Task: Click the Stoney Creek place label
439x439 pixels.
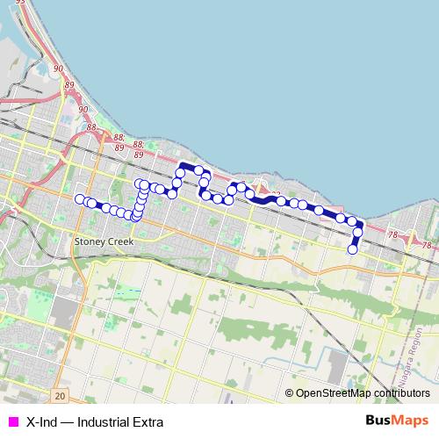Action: pyautogui.click(x=104, y=241)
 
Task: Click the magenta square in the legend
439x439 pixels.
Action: pyautogui.click(x=12, y=421)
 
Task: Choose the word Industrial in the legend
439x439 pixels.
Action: pyautogui.click(x=103, y=421)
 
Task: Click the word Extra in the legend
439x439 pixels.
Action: pyautogui.click(x=147, y=421)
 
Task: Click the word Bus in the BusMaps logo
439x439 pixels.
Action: pyautogui.click(x=378, y=421)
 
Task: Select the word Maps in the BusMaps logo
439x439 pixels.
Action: pyautogui.click(x=411, y=421)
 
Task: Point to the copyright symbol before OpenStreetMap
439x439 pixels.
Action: pyautogui.click(x=290, y=393)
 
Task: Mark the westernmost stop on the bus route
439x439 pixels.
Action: pyautogui.click(x=80, y=199)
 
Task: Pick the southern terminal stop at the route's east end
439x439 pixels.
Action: pyautogui.click(x=353, y=249)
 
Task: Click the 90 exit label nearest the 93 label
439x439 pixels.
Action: pyautogui.click(x=58, y=68)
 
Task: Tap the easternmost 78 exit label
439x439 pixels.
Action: pyautogui.click(x=427, y=243)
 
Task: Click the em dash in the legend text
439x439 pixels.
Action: pyautogui.click(x=69, y=421)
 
